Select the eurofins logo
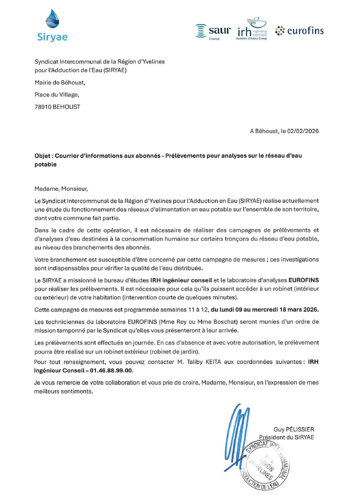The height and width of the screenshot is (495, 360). tap(299, 31)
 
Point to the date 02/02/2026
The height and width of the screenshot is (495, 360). tap(301, 131)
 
